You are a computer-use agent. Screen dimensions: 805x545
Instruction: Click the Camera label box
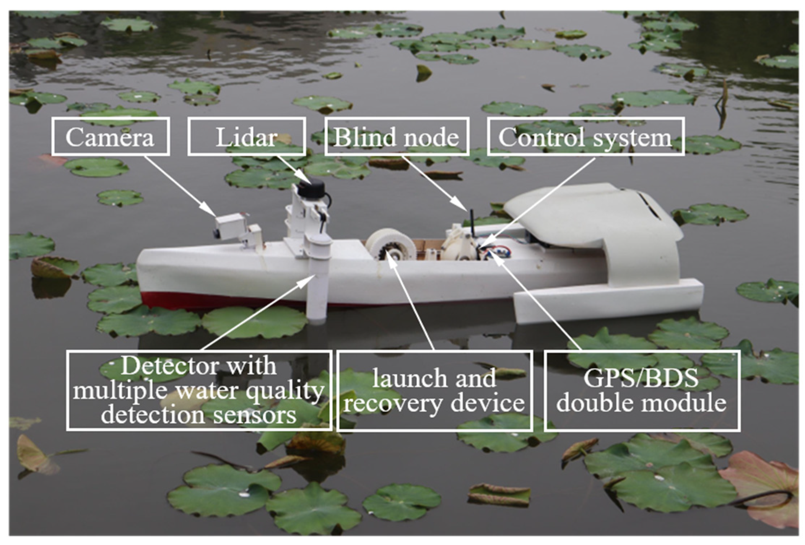pos(110,137)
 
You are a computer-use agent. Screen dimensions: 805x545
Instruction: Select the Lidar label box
pos(247,137)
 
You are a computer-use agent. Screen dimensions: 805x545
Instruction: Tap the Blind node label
pos(396,137)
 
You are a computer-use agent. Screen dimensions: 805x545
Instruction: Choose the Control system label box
pos(585,137)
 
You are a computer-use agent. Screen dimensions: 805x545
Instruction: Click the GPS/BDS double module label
pos(641,390)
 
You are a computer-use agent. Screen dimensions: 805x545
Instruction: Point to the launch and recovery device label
pos(434,390)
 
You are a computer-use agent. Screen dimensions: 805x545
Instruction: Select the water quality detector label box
pos(199,390)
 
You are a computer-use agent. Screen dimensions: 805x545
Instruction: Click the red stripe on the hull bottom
pos(217,300)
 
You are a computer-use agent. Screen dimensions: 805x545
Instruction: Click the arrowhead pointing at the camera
pos(210,211)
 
